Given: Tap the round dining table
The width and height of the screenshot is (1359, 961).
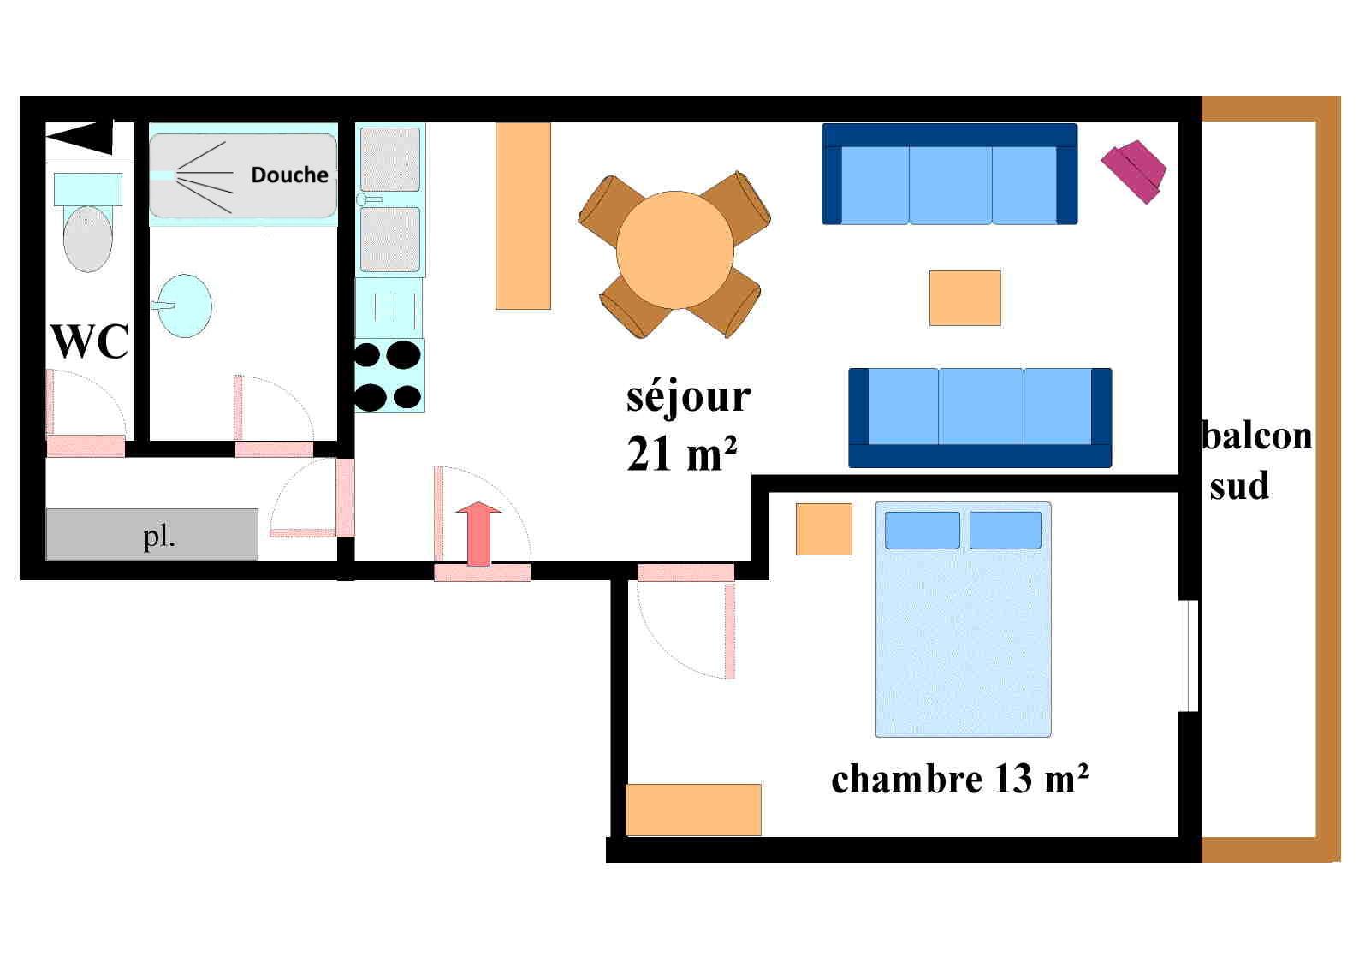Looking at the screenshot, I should click(674, 250).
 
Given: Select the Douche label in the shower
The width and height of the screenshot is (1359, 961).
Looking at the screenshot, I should click(289, 175).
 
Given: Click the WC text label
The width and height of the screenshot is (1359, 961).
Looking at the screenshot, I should click(90, 341).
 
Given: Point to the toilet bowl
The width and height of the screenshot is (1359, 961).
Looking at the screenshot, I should click(87, 237).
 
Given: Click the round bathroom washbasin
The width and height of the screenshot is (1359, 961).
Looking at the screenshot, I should click(186, 305).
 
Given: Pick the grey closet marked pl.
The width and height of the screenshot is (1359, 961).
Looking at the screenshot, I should click(151, 535).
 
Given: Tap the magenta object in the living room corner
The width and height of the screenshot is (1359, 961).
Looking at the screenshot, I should click(1134, 170).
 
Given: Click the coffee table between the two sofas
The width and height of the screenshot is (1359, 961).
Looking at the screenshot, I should click(964, 298).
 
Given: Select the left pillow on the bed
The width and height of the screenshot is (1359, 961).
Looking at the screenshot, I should click(922, 530).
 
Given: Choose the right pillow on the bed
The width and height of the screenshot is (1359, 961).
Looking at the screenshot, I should click(1005, 530).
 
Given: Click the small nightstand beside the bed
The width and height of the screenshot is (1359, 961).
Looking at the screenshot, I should click(823, 529).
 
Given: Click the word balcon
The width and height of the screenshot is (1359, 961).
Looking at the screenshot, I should click(1256, 436).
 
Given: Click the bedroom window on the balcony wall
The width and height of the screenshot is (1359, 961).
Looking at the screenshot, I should click(1188, 656).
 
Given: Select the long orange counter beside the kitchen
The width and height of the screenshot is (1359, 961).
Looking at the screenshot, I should click(523, 216).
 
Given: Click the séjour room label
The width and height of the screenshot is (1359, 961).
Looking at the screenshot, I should click(688, 396).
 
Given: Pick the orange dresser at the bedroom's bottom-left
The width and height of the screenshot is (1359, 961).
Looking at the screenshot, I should click(693, 810).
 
